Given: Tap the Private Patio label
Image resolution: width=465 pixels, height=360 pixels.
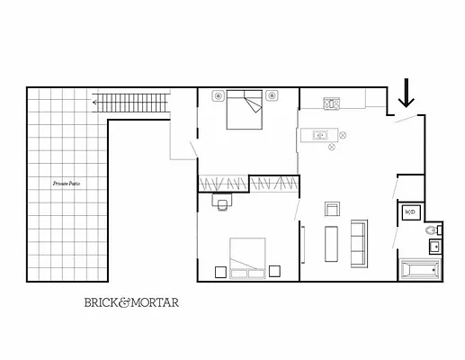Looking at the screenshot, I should tap(67, 183).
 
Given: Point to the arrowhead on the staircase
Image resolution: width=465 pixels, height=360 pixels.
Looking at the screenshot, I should tap(94, 103).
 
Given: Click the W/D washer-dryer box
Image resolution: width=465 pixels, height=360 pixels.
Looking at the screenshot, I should tap(410, 212).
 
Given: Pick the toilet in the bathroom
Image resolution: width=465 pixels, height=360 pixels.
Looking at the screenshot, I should tap(431, 231).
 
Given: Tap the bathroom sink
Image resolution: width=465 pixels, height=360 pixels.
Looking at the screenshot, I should tap(434, 247).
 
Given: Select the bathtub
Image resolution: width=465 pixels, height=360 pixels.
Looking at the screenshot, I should tap(420, 269).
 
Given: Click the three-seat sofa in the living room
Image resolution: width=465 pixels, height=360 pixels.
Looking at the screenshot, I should tap(358, 242).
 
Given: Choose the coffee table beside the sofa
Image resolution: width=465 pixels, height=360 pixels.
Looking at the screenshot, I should tap(330, 243).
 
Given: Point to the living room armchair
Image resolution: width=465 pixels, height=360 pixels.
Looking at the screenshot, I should tap(332, 210).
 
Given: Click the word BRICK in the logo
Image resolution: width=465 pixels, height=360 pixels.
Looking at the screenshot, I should tap(100, 303).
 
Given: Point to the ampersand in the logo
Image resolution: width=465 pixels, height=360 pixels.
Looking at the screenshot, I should tap(125, 303).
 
